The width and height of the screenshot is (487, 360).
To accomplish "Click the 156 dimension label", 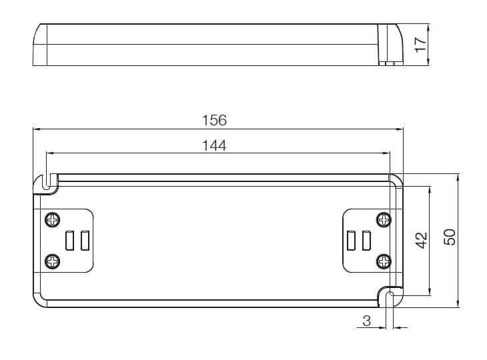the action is coord(214,121).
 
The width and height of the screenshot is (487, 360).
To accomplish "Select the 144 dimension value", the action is coord(214,145).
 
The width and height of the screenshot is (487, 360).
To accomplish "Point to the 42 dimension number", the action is coord(422,241).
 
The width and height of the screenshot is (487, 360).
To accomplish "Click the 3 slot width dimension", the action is coord(366,321).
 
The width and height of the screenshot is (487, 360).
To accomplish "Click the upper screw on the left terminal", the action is coord(53,220).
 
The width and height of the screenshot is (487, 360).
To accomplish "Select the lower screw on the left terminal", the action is coord(53,261).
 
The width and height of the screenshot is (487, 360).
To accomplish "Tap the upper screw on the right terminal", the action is coord(384,220).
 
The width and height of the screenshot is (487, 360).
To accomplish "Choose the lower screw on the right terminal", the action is coord(384,261).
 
